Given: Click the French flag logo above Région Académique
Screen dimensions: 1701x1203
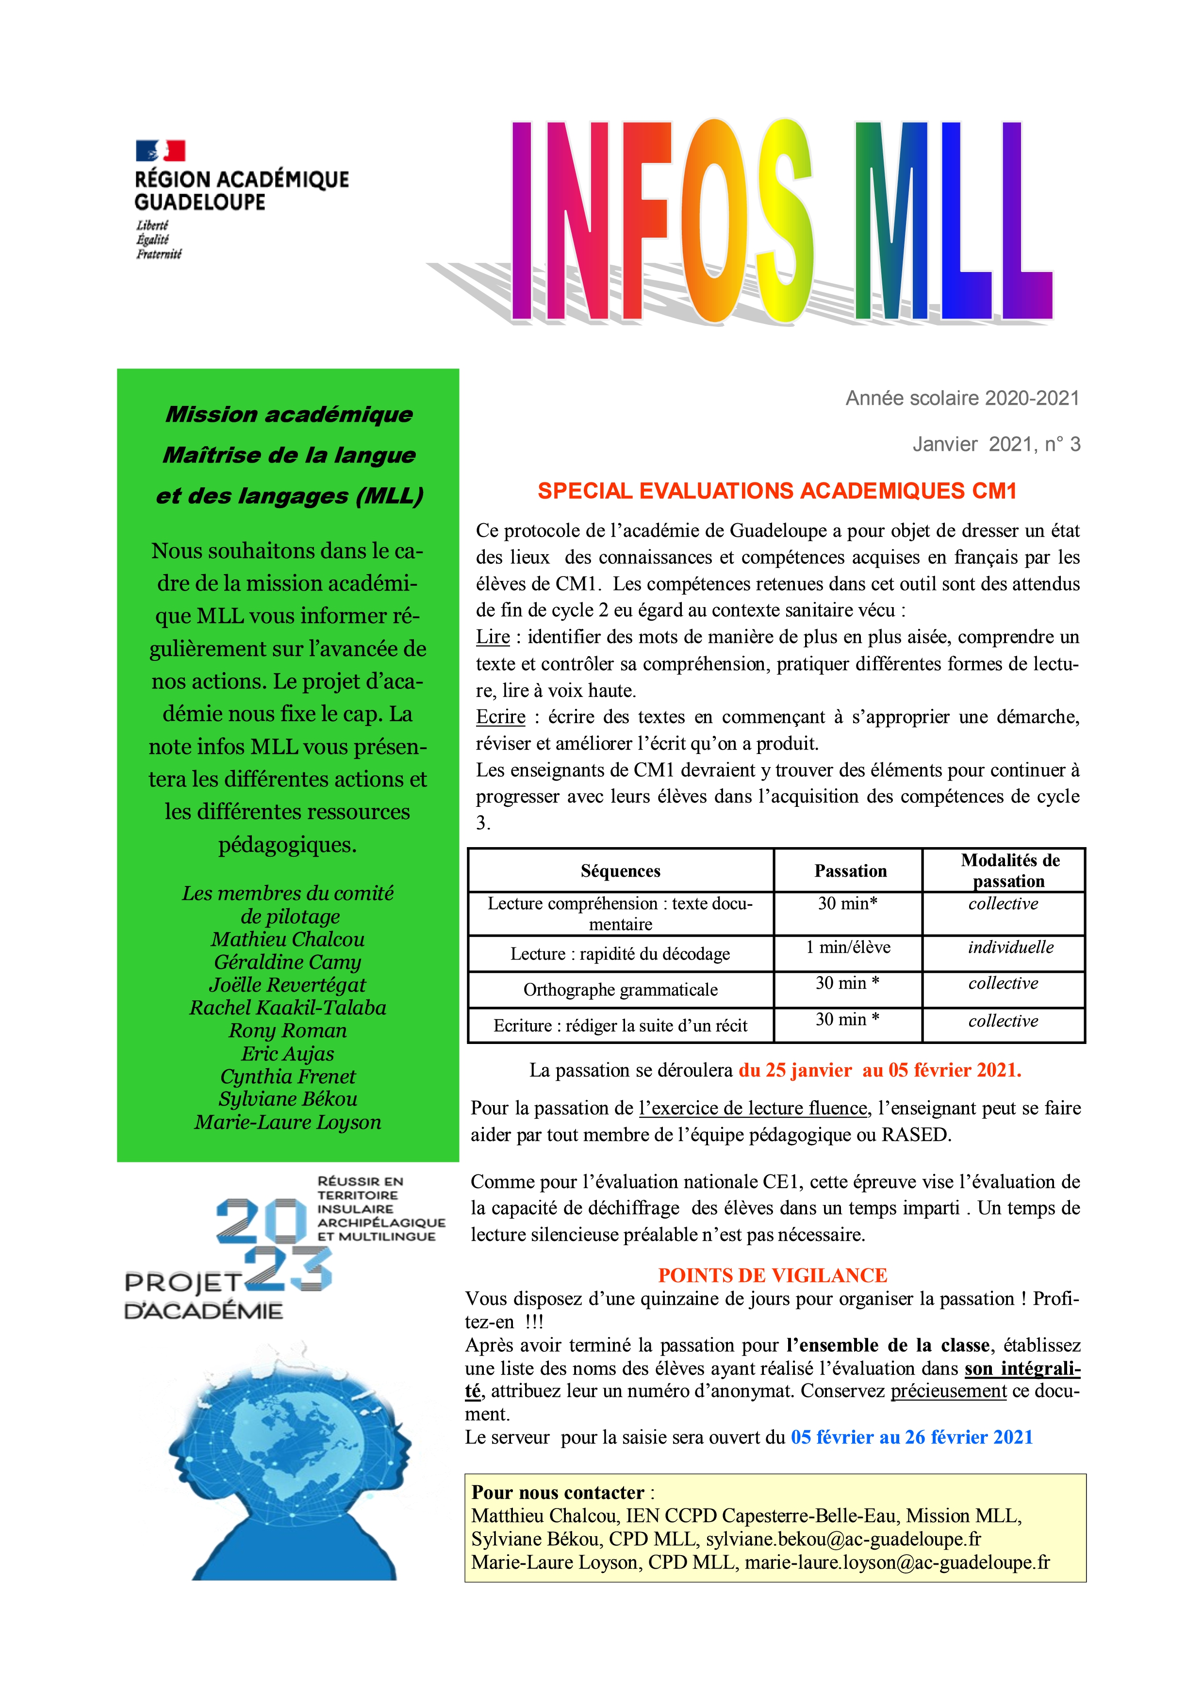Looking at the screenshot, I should pyautogui.click(x=160, y=151).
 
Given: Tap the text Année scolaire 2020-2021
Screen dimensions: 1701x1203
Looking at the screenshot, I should pyautogui.click(x=962, y=399).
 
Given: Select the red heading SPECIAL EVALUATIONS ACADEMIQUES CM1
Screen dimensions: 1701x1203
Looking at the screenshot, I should pyautogui.click(x=777, y=491).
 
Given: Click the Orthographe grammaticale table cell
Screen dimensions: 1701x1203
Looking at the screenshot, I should pyautogui.click(x=620, y=990).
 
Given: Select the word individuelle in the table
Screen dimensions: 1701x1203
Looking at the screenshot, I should pyautogui.click(x=1010, y=947).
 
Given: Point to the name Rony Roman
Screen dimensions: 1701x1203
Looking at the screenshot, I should pyautogui.click(x=288, y=1030).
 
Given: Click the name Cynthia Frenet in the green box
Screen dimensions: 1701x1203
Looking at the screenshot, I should pyautogui.click(x=288, y=1076).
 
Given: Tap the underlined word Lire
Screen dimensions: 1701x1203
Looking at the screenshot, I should pyautogui.click(x=493, y=637).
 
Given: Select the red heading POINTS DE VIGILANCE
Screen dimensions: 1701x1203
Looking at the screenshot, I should pyautogui.click(x=773, y=1275).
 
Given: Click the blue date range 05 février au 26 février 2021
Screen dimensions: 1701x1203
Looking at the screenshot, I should pyautogui.click(x=912, y=1437).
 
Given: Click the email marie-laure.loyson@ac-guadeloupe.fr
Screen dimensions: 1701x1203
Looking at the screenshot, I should pyautogui.click(x=897, y=1562).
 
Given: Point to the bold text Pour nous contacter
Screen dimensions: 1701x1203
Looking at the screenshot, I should pyautogui.click(x=558, y=1493).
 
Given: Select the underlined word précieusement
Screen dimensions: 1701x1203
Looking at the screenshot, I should pyautogui.click(x=948, y=1391).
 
